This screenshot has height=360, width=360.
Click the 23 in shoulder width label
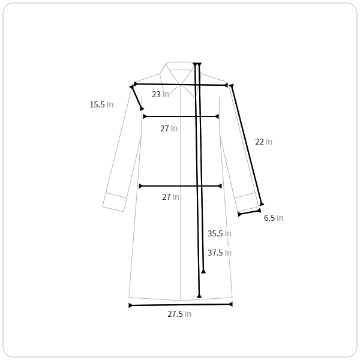click(160, 94)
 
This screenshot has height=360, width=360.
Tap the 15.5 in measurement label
click(101, 104)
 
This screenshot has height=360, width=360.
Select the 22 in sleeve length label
click(263, 142)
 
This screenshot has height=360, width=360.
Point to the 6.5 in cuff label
click(274, 218)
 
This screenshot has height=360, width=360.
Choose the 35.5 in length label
click(219, 233)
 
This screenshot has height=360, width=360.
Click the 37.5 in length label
click(219, 253)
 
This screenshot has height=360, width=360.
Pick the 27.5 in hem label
click(179, 314)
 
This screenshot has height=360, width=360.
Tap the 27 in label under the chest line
click(169, 128)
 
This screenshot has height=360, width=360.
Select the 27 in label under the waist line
click(170, 197)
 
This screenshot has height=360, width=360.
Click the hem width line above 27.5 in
click(181, 305)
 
